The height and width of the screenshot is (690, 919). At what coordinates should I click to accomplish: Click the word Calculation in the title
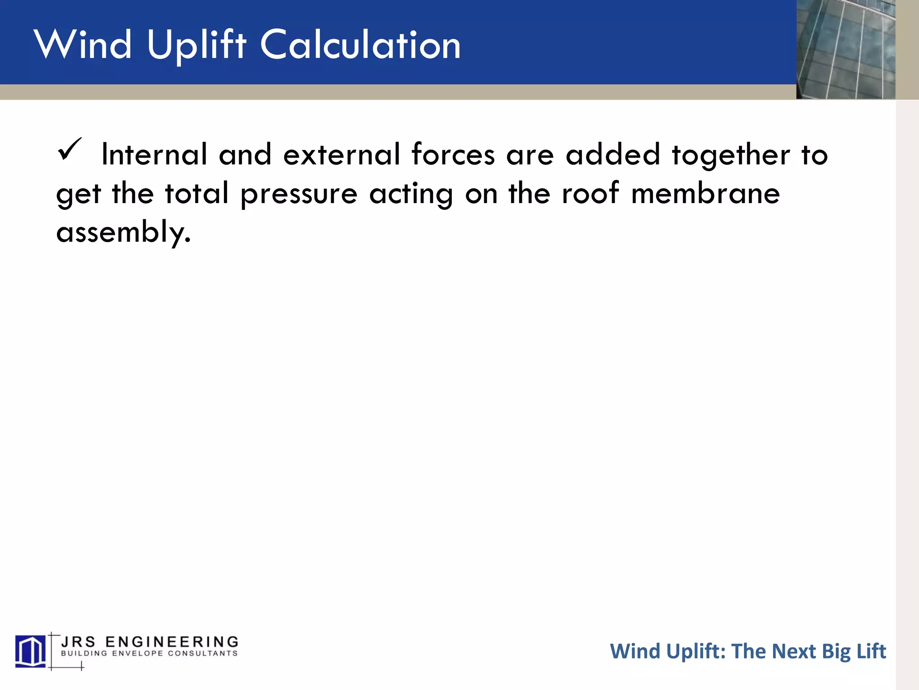(x=360, y=45)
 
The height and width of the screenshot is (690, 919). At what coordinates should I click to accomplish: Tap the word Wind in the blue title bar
(x=83, y=45)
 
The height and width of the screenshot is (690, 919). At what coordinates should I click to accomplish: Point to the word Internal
(x=154, y=155)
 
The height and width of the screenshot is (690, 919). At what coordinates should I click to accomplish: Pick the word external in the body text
(x=341, y=155)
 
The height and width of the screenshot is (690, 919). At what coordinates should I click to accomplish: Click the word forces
(x=453, y=155)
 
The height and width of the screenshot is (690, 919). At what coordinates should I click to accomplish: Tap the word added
(x=613, y=155)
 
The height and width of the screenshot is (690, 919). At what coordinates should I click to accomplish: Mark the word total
(x=197, y=194)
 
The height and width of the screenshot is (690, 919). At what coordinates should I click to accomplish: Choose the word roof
(x=591, y=194)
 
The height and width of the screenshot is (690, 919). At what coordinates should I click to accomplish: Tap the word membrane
(x=705, y=194)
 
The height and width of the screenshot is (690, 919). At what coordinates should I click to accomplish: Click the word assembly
(x=123, y=233)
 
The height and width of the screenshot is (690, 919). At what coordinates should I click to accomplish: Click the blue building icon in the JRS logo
(x=31, y=651)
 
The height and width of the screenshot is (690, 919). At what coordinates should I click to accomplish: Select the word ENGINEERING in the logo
(x=172, y=641)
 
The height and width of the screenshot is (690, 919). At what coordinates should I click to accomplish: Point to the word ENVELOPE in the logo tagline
(x=137, y=654)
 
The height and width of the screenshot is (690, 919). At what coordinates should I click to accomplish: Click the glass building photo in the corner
(x=845, y=49)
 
